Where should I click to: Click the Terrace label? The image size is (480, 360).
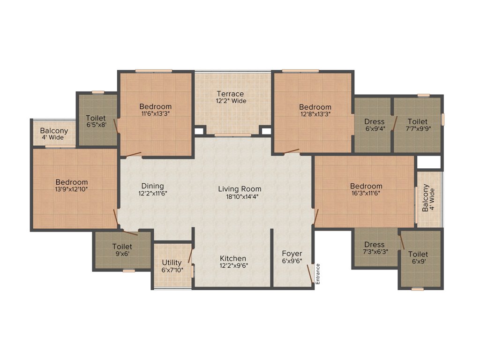230,94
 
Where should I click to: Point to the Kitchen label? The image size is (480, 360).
233,258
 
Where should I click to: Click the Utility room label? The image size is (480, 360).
172,262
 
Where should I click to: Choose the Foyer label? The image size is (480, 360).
292,254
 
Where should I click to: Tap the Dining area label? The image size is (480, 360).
152,186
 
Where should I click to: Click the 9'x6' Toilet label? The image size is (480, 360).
122,247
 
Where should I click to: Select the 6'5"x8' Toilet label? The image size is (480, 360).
96,118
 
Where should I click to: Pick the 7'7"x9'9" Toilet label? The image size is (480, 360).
417,121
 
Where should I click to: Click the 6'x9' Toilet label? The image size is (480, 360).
418,254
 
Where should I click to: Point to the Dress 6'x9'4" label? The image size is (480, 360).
374,121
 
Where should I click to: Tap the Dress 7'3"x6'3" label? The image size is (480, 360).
374,245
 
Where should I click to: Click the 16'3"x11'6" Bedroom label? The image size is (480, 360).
366,186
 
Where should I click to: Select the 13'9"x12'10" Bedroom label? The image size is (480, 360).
72,182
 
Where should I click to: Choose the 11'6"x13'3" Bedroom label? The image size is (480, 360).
155,106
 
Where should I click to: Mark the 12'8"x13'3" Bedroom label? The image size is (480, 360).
315,107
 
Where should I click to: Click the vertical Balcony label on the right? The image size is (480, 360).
426,197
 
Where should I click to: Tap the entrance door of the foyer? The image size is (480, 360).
310,274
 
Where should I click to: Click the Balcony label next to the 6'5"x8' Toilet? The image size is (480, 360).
54,131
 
